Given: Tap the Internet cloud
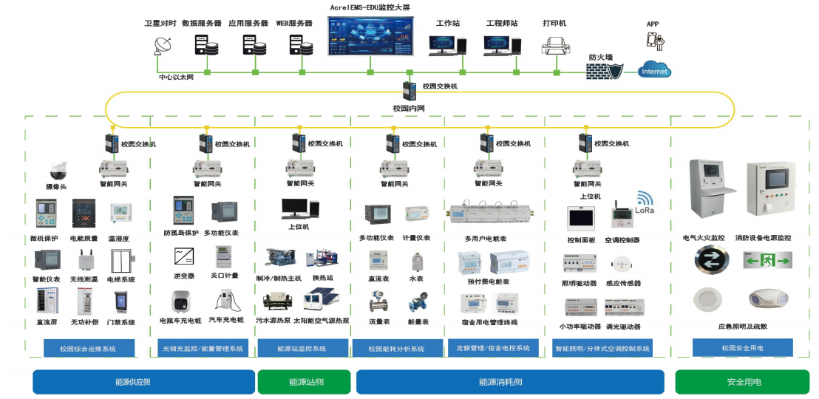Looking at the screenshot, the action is pos(654,70).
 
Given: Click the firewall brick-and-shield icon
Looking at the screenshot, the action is pos(605,70).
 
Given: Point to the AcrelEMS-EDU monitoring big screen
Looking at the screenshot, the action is pos(370,35).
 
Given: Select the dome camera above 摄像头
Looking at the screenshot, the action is pos(58,170).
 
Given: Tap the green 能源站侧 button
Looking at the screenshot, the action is pos(306,382).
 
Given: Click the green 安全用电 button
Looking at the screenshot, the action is pos(742,382).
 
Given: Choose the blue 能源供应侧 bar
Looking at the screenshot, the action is pos(143,382).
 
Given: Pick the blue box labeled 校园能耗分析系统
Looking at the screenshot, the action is pos(396,349).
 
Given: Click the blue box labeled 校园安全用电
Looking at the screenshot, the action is pos(742,347).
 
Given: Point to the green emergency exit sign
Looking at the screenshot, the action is pos(767,259).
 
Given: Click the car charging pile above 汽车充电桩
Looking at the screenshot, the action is pos(228,301).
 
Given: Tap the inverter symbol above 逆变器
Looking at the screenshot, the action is pos(184,256).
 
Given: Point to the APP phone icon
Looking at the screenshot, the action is pos(654,40).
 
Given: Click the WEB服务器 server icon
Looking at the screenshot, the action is pos(302,45).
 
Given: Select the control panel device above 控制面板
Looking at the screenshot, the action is pos(581,218).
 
